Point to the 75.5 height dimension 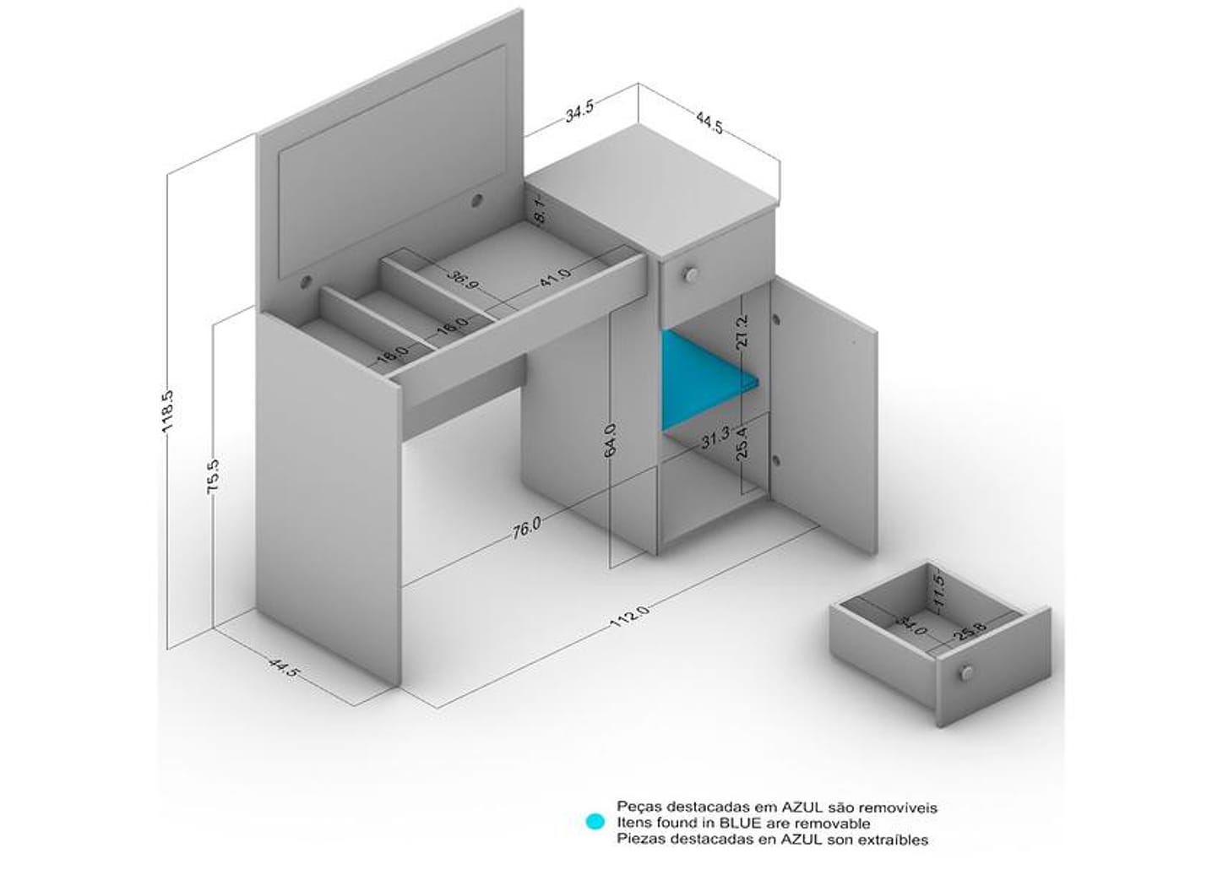point(214,477)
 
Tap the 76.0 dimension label point(527,528)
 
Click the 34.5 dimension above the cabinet point(579,111)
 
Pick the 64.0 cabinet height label point(611,439)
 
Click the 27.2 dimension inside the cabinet point(742,331)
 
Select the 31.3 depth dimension point(715,438)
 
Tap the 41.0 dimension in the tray point(555,278)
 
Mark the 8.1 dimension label point(540,211)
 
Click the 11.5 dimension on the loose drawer point(938,590)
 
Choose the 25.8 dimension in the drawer point(970,631)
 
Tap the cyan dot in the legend point(595,837)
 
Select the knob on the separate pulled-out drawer point(967,672)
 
